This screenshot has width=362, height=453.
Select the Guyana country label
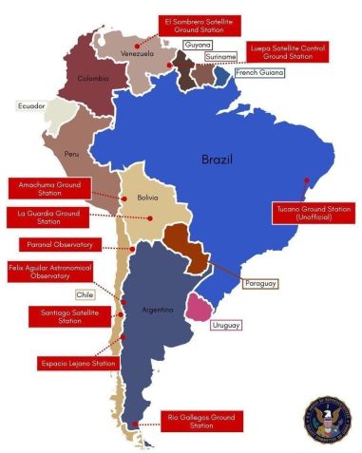(x=197, y=45)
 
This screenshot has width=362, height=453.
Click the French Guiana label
(x=258, y=72)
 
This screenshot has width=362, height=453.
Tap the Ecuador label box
(x=31, y=105)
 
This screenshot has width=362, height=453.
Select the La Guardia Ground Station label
(x=48, y=217)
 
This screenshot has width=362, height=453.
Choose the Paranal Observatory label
(x=48, y=244)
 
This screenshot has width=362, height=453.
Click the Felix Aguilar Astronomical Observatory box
(x=48, y=271)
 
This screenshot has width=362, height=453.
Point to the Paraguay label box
(x=260, y=284)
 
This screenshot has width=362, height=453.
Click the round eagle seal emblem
(x=326, y=421)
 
